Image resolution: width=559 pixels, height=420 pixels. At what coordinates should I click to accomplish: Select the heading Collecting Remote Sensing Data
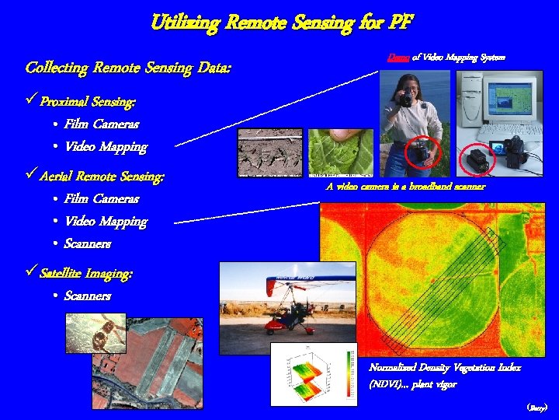(x=128, y=68)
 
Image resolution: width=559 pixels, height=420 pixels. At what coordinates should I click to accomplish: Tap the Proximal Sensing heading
(x=88, y=102)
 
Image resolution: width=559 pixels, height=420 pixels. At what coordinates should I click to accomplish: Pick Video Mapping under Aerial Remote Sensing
(x=106, y=222)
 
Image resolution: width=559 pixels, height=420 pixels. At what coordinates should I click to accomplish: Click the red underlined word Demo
(x=397, y=56)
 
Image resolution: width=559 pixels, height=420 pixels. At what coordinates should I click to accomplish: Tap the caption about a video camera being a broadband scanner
(x=405, y=187)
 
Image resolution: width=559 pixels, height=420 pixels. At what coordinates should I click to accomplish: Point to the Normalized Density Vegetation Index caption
(x=445, y=368)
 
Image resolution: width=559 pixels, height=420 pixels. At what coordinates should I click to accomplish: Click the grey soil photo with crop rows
(x=270, y=153)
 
